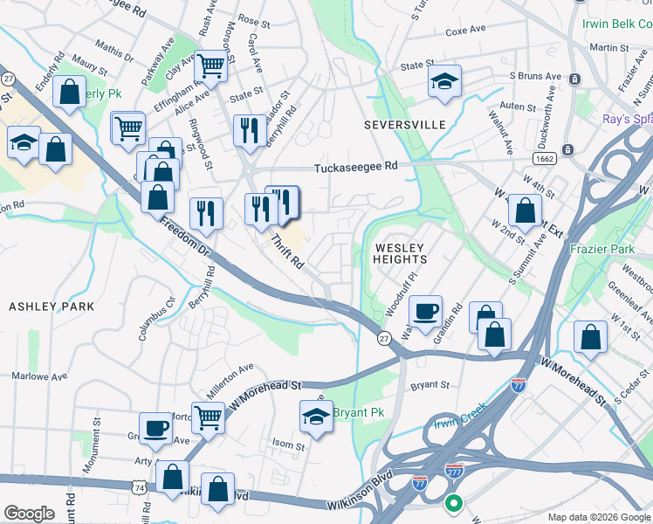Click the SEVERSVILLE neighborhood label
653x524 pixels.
(x=405, y=125)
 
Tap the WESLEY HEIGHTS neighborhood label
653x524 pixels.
(x=401, y=253)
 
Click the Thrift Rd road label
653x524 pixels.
(x=285, y=251)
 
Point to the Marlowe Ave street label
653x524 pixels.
(x=39, y=377)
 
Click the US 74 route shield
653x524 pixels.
(x=140, y=489)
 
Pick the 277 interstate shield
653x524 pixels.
(x=453, y=471)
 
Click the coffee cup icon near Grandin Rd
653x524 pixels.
(x=425, y=312)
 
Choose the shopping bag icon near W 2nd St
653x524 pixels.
(x=525, y=210)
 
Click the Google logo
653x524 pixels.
(x=29, y=514)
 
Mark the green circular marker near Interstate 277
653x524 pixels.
(x=453, y=504)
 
